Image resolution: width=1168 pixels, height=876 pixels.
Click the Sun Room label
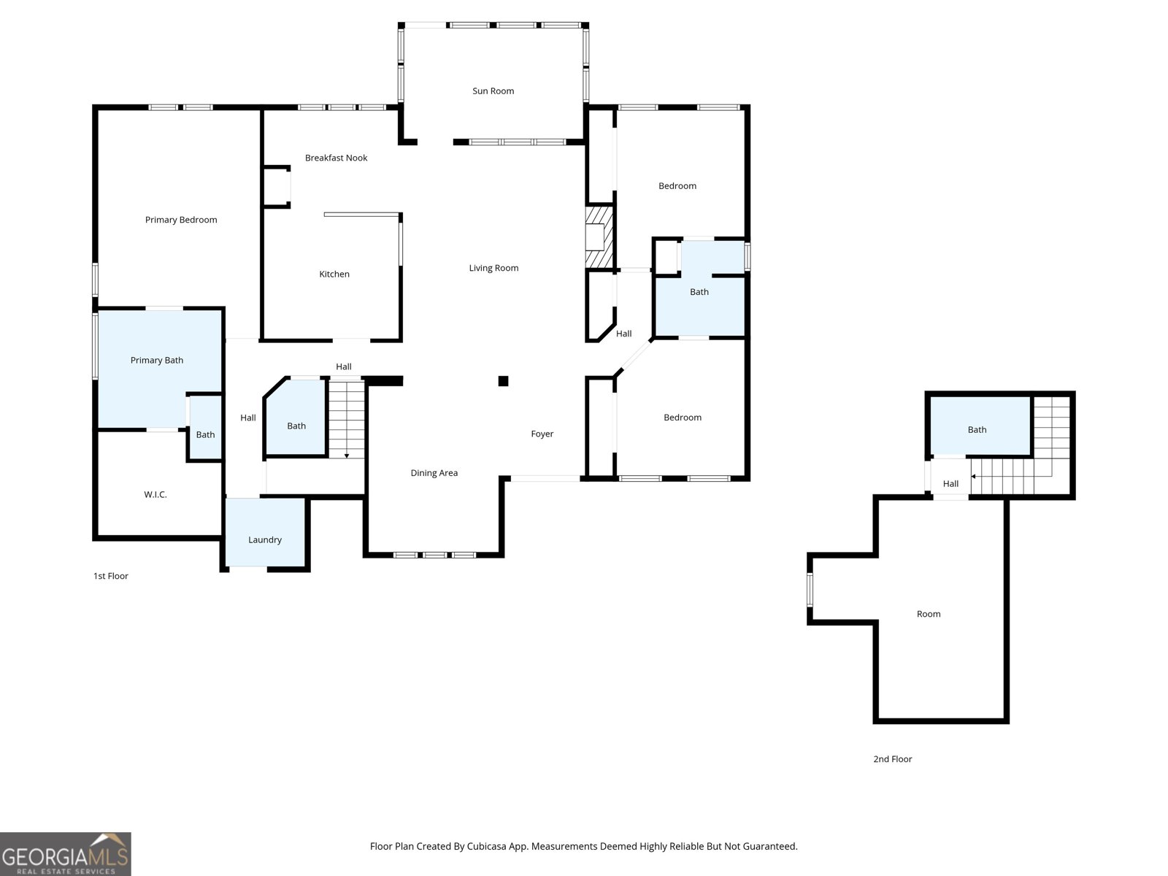[x=493, y=91]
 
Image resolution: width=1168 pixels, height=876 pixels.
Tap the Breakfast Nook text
[x=336, y=158]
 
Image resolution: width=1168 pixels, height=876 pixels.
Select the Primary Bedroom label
[x=180, y=220]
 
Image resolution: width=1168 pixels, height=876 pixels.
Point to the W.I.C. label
[x=155, y=495]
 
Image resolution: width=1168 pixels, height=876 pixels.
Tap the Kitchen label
[x=334, y=274]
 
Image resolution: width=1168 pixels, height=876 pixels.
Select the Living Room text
[x=493, y=268]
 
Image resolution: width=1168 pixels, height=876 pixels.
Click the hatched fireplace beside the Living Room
[x=599, y=237]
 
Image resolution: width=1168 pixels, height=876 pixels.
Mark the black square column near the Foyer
[x=503, y=380]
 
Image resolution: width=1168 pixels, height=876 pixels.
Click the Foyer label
[x=542, y=434]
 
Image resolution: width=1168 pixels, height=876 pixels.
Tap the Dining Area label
[x=434, y=473]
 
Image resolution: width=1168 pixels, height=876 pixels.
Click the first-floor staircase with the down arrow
[x=346, y=419]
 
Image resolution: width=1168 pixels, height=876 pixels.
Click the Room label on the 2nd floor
[x=928, y=614]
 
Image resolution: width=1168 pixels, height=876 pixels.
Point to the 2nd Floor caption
[x=892, y=759]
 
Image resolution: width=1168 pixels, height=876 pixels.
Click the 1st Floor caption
[x=110, y=576]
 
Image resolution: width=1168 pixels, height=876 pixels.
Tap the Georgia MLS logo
[x=65, y=854]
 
